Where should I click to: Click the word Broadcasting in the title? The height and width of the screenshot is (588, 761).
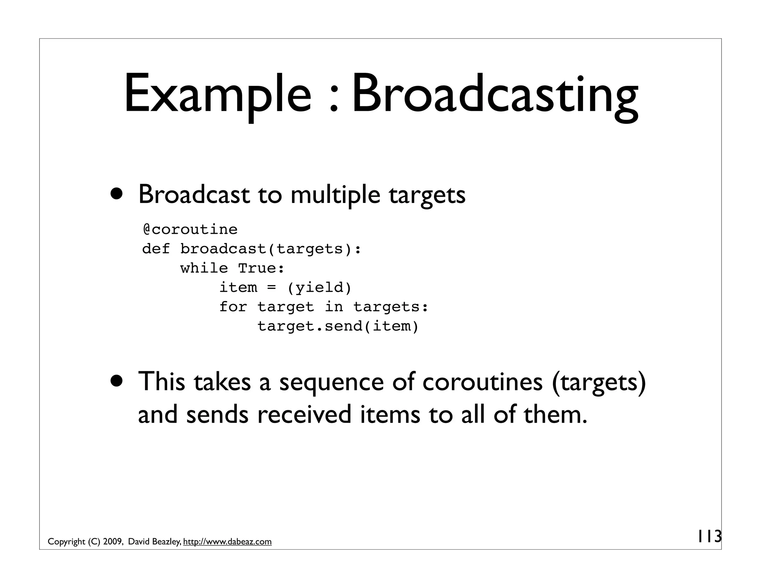coord(495,95)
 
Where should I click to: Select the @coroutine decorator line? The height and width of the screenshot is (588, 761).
coord(190,229)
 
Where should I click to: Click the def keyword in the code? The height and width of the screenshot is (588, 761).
coord(156,249)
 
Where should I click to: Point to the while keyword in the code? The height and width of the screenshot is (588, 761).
coord(204,268)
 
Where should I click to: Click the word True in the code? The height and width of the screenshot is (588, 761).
coord(261,268)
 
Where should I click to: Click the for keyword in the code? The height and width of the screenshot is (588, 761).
coord(233,307)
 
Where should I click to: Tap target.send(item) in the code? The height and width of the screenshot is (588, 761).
coord(338,326)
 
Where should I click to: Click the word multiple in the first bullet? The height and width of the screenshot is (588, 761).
coord(335,195)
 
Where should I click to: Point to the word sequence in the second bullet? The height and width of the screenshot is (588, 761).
coord(331,382)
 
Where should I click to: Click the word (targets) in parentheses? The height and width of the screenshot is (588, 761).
coord(599,382)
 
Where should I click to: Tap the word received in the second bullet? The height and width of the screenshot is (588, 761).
coord(304,414)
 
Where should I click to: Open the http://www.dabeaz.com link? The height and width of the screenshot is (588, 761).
coord(227,542)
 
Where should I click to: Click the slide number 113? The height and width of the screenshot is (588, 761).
coord(709,536)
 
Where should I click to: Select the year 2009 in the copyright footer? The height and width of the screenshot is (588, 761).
coord(113,542)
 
